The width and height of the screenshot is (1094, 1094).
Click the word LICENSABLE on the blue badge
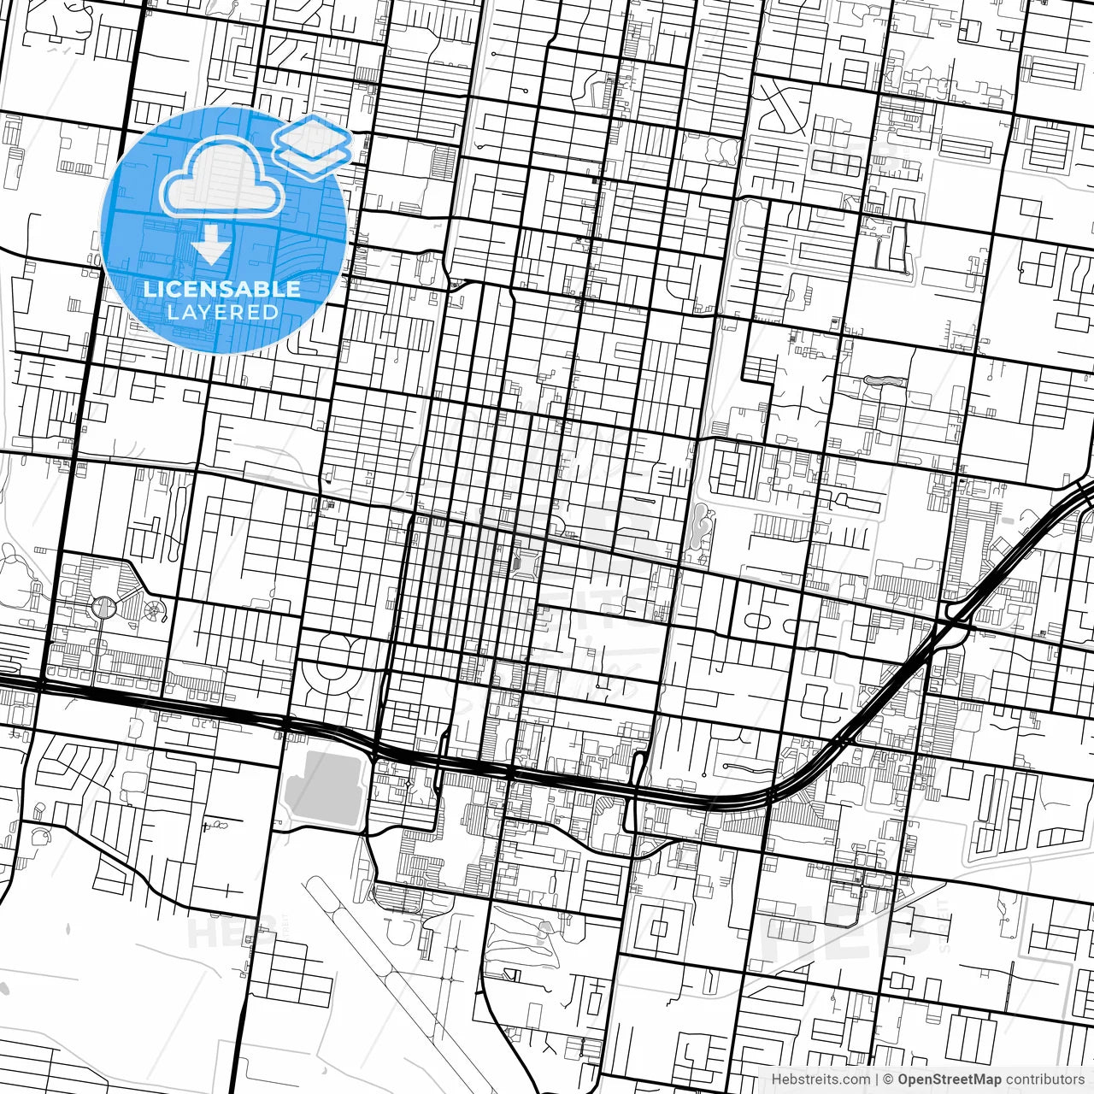[222, 289]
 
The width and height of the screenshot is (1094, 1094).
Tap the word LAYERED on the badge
[222, 312]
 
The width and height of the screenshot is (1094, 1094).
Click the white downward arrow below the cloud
[210, 244]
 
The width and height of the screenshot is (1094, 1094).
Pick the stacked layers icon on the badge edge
[312, 143]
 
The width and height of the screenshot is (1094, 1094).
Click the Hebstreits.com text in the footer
[820, 1079]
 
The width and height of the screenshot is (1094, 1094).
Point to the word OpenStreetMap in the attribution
[949, 1079]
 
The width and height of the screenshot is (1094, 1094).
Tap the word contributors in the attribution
[1044, 1079]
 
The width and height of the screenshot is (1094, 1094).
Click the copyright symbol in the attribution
[888, 1079]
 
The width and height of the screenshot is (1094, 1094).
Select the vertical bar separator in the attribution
[877, 1079]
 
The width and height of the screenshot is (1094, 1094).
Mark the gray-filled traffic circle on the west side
[103, 608]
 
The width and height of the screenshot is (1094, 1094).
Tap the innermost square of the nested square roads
[659, 928]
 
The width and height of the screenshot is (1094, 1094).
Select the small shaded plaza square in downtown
[522, 565]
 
